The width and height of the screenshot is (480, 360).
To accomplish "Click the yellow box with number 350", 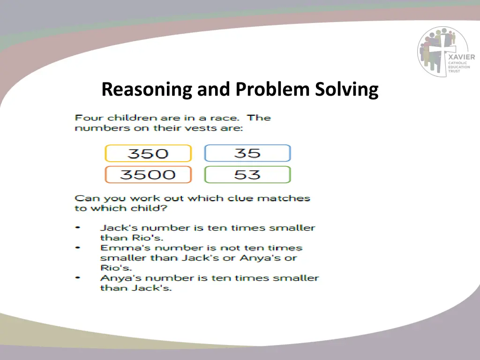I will point(148,154).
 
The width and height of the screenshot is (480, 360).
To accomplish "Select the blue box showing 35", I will point(247,153).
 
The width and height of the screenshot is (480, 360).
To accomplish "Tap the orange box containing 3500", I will point(148,175).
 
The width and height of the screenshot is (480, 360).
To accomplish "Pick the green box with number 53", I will point(247,175).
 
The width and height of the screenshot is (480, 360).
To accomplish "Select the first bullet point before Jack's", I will point(77,228).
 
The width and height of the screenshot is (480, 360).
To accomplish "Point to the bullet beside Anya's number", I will point(77,278).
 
